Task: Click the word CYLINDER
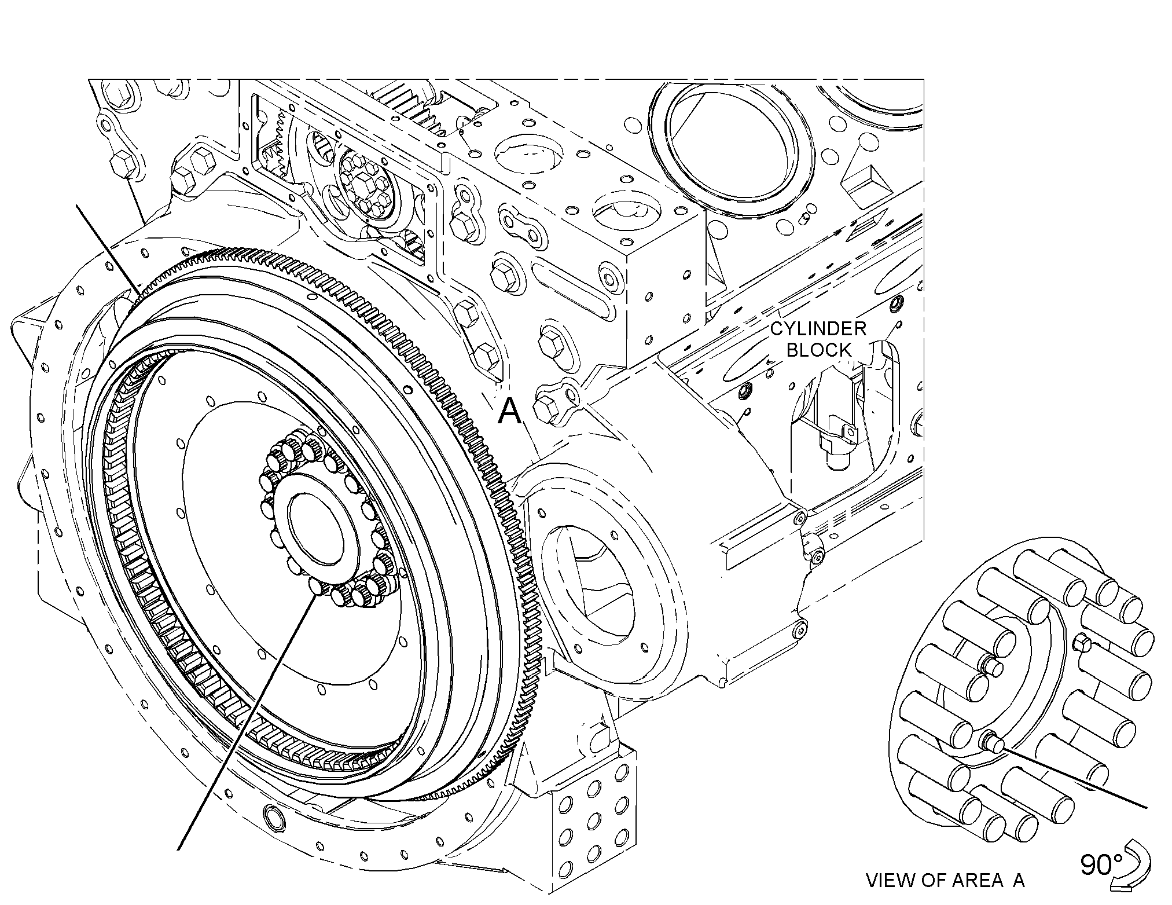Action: pyautogui.click(x=818, y=329)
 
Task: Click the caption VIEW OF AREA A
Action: pyautogui.click(x=945, y=881)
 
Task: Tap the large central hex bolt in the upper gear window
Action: pyautogui.click(x=365, y=190)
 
